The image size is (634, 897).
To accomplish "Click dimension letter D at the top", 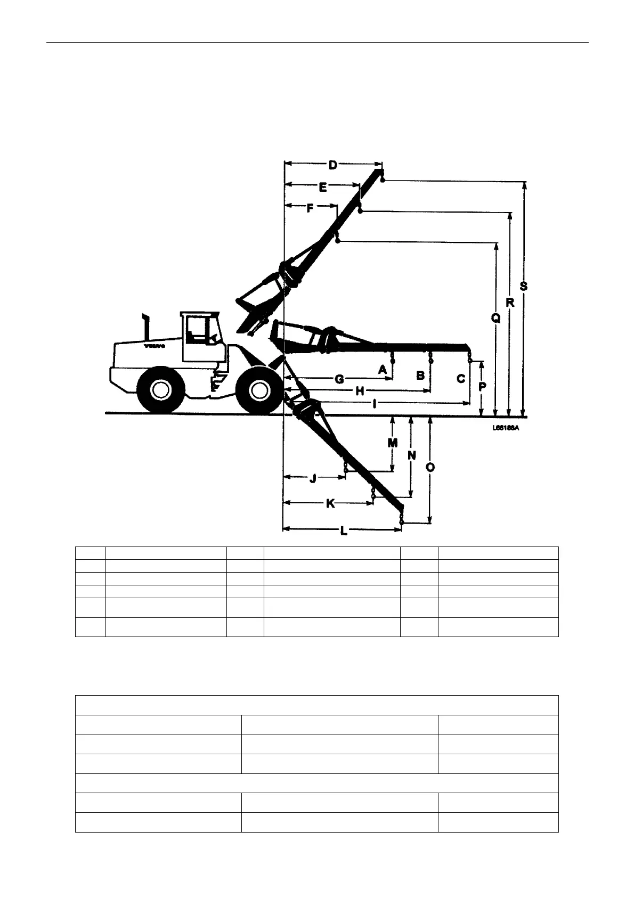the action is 332,165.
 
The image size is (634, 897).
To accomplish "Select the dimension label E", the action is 323,187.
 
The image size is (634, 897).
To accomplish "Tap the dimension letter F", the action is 310,209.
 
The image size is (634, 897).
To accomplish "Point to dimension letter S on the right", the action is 524,286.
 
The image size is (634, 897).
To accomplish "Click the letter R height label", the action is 510,303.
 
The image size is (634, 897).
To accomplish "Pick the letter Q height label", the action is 495,319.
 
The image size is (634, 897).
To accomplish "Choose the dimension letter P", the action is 482,387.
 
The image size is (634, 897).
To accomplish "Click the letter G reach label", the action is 339,379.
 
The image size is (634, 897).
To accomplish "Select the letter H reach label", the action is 360,391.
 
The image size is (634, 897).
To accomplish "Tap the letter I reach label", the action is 375,404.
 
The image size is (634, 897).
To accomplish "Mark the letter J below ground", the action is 313,478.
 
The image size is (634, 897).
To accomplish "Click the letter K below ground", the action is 330,503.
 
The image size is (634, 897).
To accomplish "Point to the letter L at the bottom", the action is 344,531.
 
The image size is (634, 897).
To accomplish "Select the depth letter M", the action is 392,443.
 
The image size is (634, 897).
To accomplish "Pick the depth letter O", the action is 430,468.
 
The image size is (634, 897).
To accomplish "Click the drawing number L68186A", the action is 506,427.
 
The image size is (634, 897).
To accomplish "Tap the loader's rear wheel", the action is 160,389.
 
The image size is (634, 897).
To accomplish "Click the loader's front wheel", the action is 259,389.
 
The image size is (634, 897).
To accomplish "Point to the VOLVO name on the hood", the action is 155,346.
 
